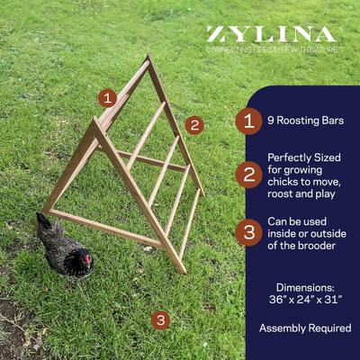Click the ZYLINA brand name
(272, 34)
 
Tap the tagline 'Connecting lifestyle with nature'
(272, 49)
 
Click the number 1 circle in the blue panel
(249, 120)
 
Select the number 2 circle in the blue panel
(249, 174)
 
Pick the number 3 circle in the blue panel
(249, 230)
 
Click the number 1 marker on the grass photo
(108, 98)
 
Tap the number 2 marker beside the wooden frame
(194, 125)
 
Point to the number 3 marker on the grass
(160, 319)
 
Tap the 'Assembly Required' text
(305, 328)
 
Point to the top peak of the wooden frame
(147, 58)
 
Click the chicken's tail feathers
(43, 222)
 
